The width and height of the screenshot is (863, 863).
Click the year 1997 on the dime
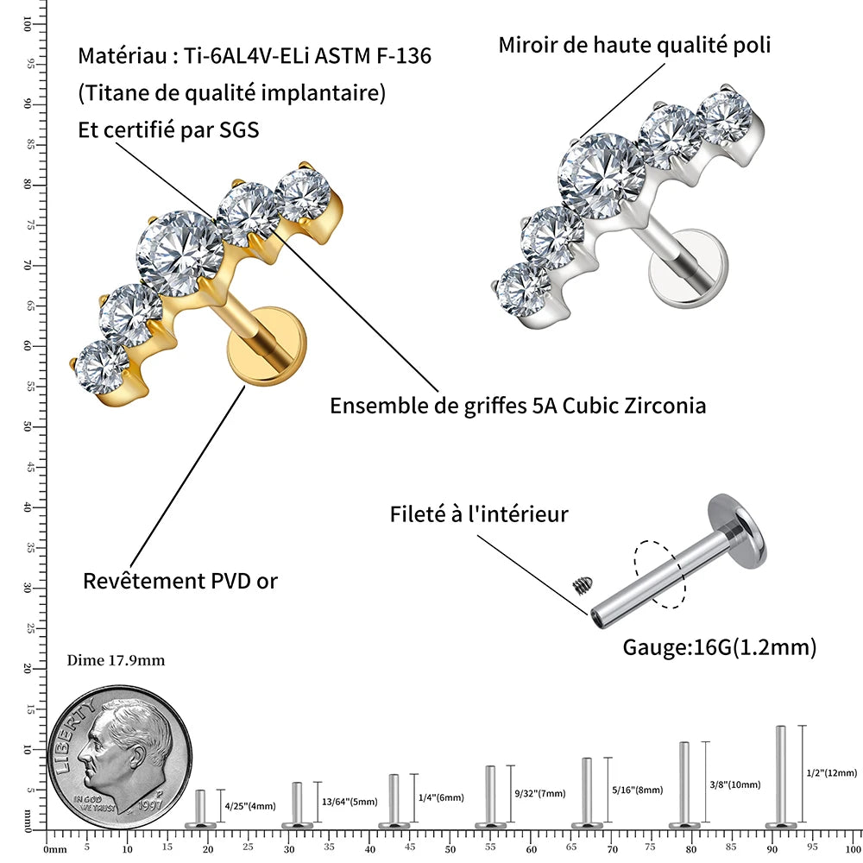point(150,804)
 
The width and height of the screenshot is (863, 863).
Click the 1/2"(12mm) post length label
point(832,772)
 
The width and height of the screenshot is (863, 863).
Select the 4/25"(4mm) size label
point(250,806)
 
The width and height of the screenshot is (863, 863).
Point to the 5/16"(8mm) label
point(638,790)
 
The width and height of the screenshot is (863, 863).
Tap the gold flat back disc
point(267,347)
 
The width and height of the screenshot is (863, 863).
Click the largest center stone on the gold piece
point(180,253)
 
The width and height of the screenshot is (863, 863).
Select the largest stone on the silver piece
point(601,176)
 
